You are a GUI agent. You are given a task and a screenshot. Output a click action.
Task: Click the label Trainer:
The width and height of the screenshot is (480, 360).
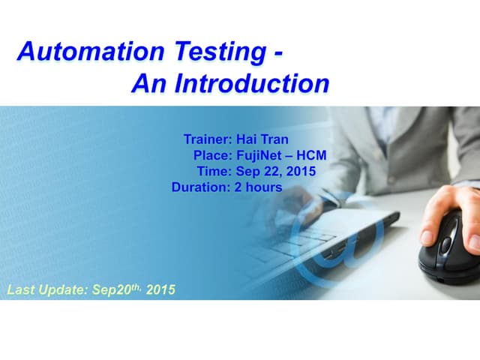click(x=208, y=139)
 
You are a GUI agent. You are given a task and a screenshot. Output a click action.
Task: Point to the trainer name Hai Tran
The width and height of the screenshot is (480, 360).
click(x=262, y=139)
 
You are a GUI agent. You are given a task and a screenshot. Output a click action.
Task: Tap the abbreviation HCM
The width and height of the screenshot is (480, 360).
click(x=312, y=155)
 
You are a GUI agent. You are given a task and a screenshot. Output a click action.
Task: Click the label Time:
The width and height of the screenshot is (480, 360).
click(x=214, y=171)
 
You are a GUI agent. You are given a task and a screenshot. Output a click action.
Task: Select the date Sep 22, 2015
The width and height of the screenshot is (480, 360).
click(x=275, y=171)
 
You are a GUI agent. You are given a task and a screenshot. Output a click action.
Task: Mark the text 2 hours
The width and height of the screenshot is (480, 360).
click(x=258, y=187)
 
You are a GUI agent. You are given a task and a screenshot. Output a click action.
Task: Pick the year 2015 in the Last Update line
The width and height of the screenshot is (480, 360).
click(x=161, y=289)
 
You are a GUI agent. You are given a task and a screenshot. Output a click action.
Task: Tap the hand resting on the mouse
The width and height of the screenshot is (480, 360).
click(x=450, y=214)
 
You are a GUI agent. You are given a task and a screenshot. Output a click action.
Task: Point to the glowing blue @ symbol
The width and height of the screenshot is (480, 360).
click(x=337, y=240)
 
